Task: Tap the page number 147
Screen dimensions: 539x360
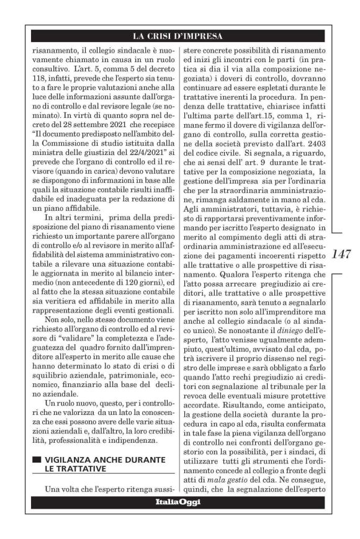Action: (343, 254)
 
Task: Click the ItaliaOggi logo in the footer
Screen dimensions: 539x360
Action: (178, 501)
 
